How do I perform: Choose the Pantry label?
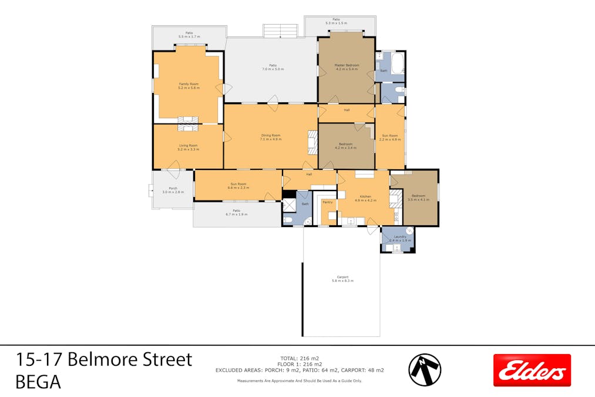click(328, 202)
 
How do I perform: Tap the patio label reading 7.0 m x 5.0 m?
click(273, 67)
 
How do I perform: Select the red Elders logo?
click(532, 370)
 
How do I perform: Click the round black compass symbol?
click(425, 370)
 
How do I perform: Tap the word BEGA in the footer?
click(38, 382)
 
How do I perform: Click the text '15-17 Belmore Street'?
click(104, 359)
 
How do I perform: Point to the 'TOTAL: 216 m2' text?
click(300, 358)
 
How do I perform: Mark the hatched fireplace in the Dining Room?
click(312, 142)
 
